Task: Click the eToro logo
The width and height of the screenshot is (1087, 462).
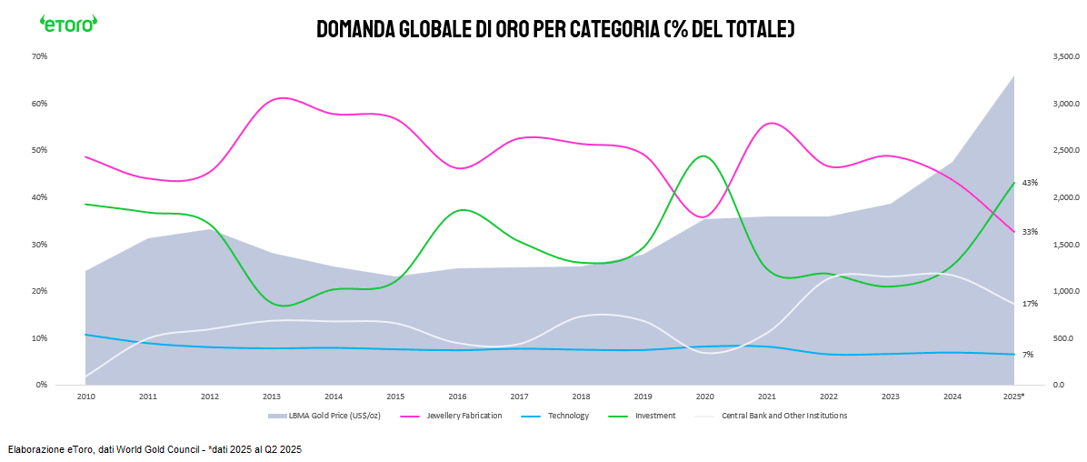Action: (68, 24)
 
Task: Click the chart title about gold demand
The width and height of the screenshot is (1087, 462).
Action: (555, 29)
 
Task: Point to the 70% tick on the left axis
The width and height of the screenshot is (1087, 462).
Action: (39, 56)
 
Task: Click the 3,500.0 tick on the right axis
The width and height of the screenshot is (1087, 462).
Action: (1040, 56)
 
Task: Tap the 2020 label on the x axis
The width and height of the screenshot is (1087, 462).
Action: (704, 397)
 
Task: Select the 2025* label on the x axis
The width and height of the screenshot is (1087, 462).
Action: (1013, 397)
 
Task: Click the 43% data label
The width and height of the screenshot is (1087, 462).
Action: (1030, 183)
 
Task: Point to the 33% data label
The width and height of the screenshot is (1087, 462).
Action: (1030, 232)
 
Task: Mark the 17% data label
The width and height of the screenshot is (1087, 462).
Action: (1030, 304)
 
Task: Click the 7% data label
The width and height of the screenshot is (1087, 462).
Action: (1028, 355)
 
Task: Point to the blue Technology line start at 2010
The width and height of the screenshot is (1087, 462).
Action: (85, 335)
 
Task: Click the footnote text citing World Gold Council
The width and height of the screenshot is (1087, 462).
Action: (155, 449)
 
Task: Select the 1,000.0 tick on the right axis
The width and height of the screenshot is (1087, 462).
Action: (1040, 291)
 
